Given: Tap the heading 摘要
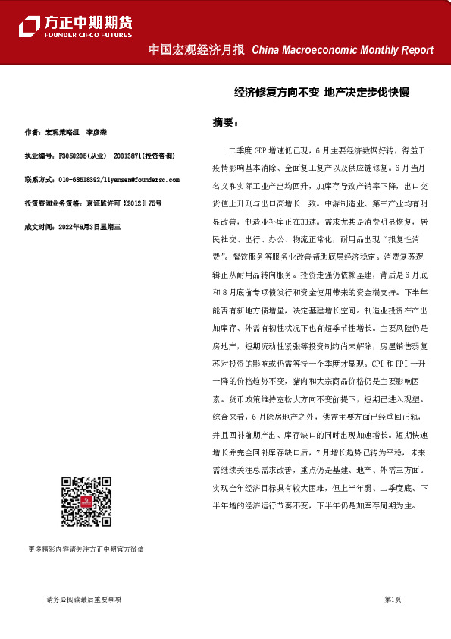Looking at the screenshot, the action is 225,122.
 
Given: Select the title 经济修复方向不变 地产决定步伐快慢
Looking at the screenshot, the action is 321,93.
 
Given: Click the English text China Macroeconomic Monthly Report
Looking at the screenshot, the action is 342,50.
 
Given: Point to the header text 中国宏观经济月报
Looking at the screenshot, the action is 196,50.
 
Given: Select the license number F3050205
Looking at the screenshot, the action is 74,156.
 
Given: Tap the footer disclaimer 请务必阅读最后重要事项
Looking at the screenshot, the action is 83,600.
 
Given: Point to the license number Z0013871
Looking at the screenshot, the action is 128,156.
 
